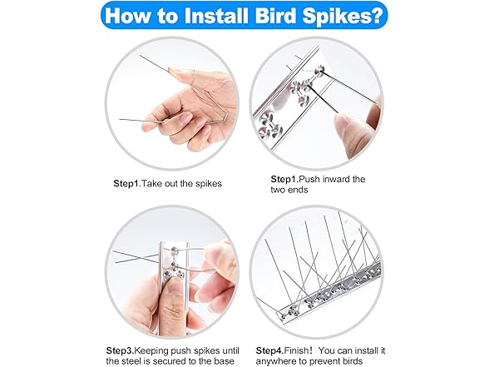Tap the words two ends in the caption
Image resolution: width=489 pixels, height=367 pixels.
point(292,191)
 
